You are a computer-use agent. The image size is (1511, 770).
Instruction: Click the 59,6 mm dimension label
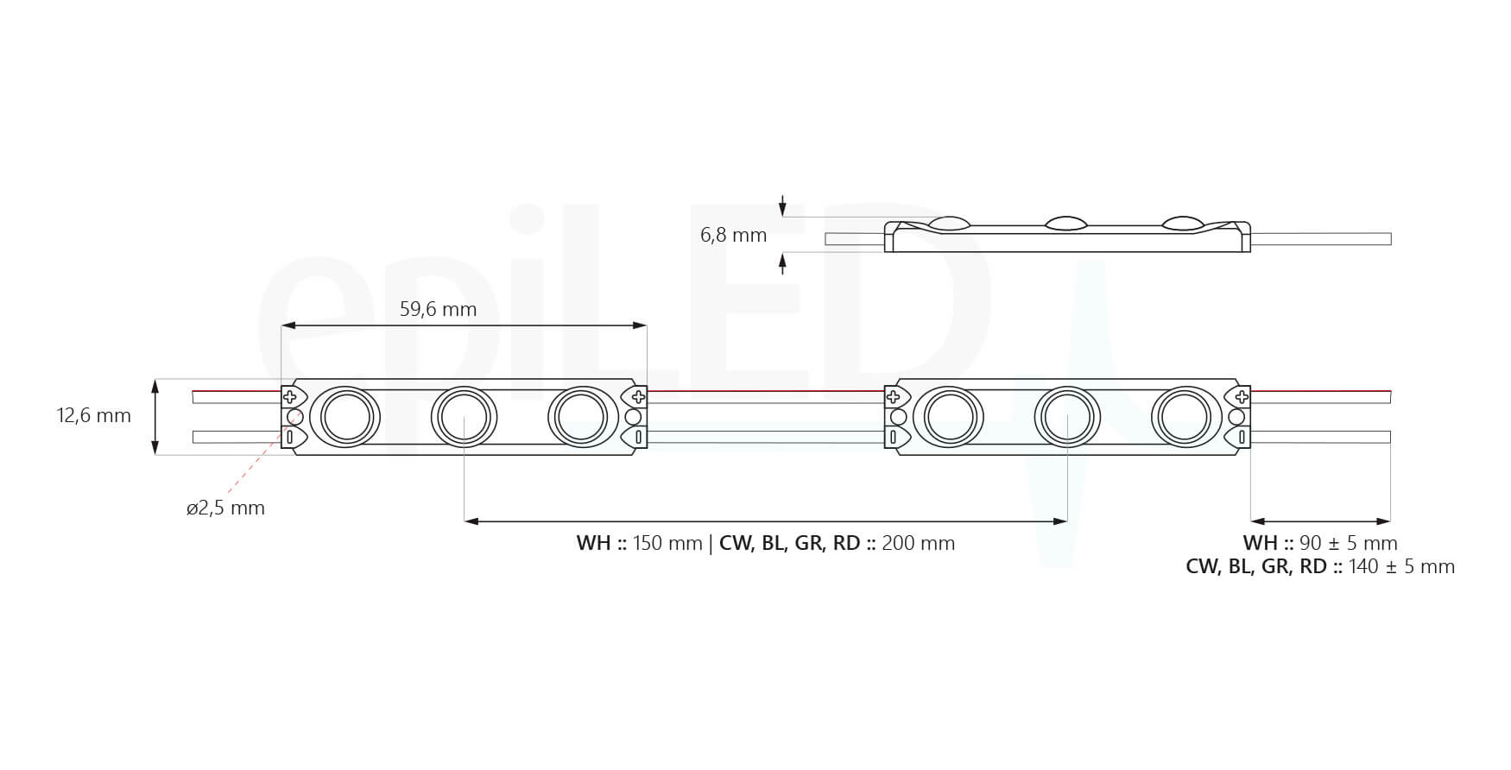pyautogui.click(x=438, y=309)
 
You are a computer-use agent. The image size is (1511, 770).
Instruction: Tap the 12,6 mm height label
pyautogui.click(x=94, y=415)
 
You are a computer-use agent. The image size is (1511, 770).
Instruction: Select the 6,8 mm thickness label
pyautogui.click(x=733, y=235)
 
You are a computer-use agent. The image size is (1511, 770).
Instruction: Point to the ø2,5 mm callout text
pyautogui.click(x=225, y=508)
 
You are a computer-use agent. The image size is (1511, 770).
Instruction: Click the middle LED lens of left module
pyautogui.click(x=465, y=417)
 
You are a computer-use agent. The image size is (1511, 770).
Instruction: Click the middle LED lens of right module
pyautogui.click(x=1068, y=417)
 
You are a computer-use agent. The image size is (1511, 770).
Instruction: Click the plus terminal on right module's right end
pyautogui.click(x=1242, y=397)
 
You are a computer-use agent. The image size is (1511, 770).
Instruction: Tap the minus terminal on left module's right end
pyautogui.click(x=638, y=438)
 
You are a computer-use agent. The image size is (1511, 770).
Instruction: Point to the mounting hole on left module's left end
pyautogui.click(x=294, y=418)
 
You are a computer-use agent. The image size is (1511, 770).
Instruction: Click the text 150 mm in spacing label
pyautogui.click(x=667, y=544)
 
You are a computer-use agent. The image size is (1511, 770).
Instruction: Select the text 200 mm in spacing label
pyautogui.click(x=918, y=544)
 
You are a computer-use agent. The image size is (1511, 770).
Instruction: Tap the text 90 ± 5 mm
pyautogui.click(x=1348, y=544)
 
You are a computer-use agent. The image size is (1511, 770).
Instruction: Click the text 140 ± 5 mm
pyautogui.click(x=1401, y=567)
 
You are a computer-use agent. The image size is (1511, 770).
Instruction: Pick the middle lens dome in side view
pyautogui.click(x=1067, y=223)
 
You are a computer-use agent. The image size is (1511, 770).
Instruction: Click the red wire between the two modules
pyautogui.click(x=766, y=392)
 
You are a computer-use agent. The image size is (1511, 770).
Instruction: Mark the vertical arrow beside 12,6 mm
pyautogui.click(x=155, y=416)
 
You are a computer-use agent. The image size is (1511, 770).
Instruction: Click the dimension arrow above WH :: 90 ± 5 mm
pyautogui.click(x=1320, y=521)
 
